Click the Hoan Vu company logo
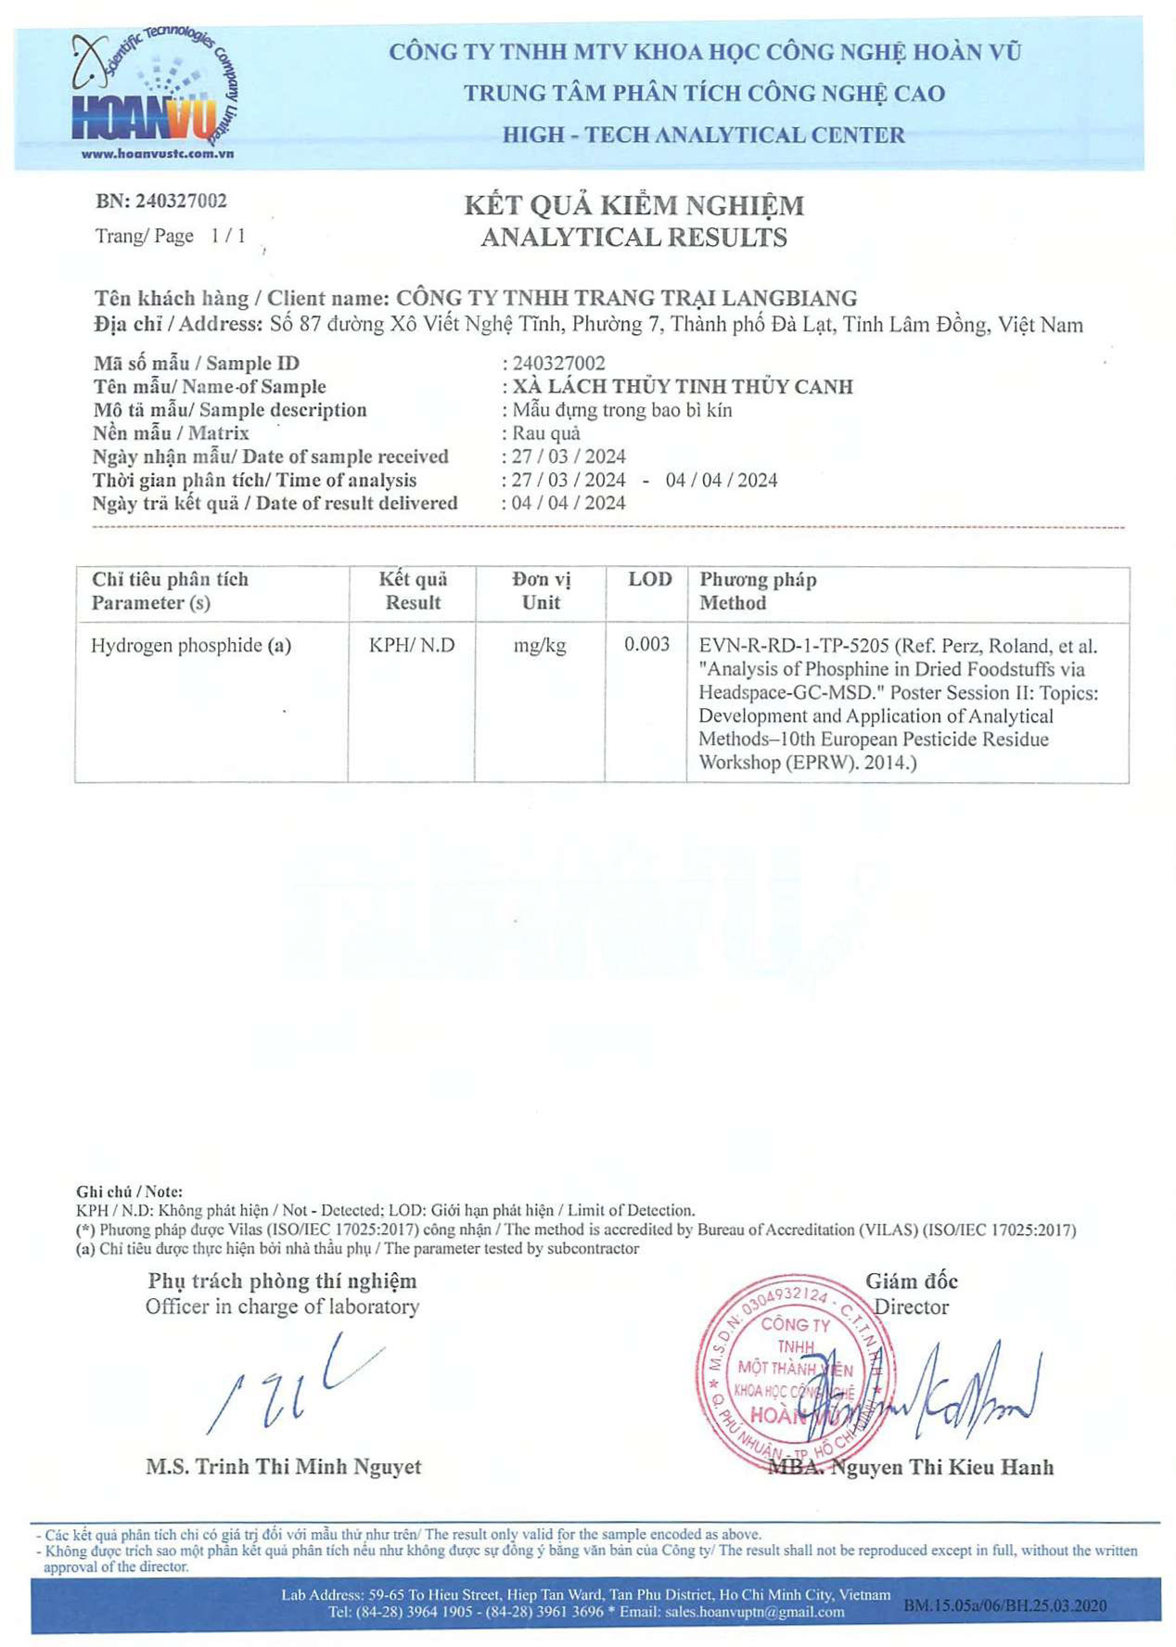153,93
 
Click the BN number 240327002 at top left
181,200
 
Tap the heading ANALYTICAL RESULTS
633,238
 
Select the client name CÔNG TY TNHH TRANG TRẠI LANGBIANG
626,298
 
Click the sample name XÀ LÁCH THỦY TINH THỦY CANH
683,386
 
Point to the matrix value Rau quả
546,433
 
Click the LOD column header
649,580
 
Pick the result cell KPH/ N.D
412,645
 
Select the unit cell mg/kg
540,645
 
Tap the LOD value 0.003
646,644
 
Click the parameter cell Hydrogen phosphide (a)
191,645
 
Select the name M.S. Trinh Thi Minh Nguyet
283,1466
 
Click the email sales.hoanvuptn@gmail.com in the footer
754,1612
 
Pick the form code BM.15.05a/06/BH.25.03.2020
1004,1605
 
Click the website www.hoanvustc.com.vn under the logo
157,154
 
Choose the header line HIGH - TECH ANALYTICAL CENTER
703,135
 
